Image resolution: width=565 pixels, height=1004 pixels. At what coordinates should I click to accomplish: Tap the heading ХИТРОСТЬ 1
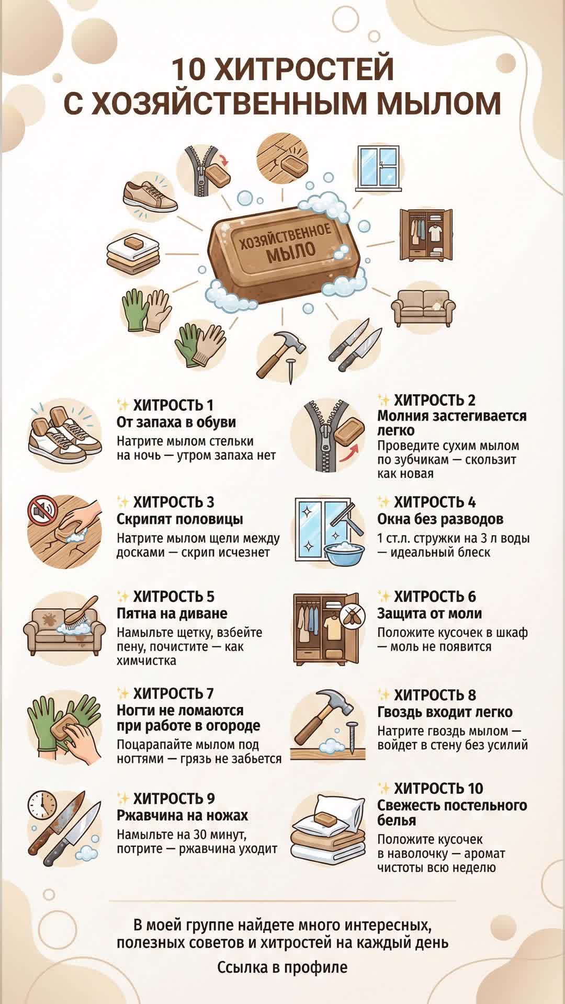coord(173,405)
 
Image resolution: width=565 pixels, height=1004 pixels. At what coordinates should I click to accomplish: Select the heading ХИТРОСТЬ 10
coord(438,789)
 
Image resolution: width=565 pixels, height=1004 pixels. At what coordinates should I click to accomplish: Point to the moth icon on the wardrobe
coord(353,618)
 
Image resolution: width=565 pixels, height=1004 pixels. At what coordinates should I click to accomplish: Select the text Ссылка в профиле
coord(282,967)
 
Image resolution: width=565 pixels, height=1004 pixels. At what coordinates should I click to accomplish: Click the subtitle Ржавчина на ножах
coord(182,815)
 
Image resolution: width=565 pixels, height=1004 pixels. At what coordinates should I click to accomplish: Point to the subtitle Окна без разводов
coord(440,519)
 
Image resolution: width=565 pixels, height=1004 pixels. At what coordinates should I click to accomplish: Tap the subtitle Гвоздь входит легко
coord(445,712)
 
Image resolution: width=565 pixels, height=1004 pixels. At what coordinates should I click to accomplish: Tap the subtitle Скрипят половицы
coord(180,519)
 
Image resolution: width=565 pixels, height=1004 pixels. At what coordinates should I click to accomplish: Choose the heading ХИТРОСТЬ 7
coord(173,693)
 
